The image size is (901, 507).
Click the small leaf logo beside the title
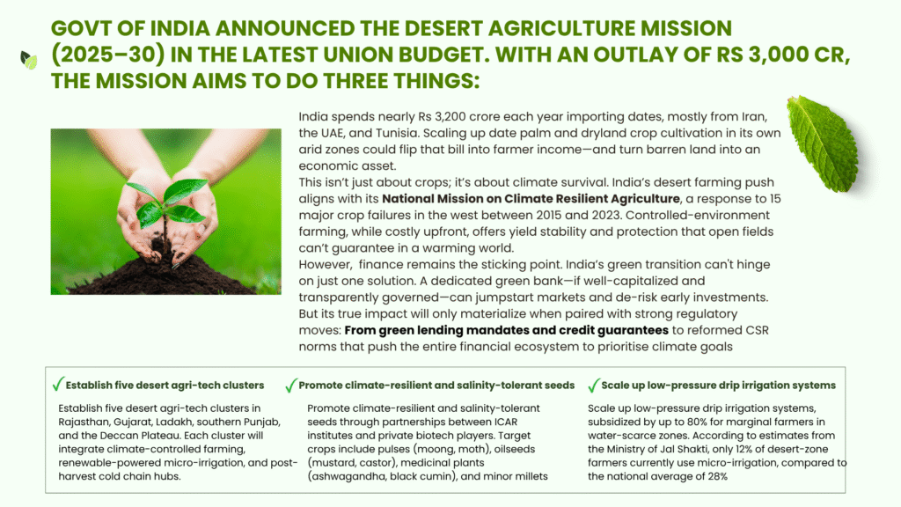click(29, 60)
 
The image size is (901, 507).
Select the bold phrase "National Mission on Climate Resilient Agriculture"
click(531, 199)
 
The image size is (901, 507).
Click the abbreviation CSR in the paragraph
click(757, 331)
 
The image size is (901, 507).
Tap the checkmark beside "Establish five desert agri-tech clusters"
click(57, 384)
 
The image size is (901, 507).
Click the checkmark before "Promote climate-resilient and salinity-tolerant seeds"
click(290, 386)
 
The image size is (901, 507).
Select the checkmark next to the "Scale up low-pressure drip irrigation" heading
click(594, 386)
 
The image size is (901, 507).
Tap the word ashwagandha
click(348, 476)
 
